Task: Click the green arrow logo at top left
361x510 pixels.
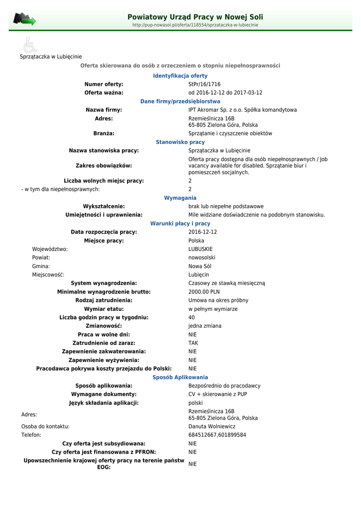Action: coord(24,20)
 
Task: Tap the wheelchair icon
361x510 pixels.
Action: coord(30,45)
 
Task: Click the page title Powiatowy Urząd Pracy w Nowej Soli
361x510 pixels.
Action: coord(195,17)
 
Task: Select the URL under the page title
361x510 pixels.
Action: coord(195,25)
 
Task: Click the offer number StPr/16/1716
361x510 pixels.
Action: coord(204,84)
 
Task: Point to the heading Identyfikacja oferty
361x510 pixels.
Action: coord(180,76)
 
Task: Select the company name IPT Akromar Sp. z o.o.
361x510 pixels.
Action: coord(242,110)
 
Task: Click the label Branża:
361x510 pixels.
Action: coord(104,133)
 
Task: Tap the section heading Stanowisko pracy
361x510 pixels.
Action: coord(180,142)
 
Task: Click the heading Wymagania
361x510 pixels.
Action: coord(180,198)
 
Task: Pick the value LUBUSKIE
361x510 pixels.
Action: coord(200,249)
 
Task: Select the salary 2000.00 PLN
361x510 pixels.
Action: coord(204,292)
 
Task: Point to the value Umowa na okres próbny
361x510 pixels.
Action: coord(218,300)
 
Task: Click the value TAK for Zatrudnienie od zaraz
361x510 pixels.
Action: coord(193,343)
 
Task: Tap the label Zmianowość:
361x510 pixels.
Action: coord(104,326)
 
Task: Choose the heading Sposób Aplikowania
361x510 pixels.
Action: coord(180,378)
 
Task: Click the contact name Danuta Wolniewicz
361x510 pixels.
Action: coord(212,426)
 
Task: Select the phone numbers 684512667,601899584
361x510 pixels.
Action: coord(217,435)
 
